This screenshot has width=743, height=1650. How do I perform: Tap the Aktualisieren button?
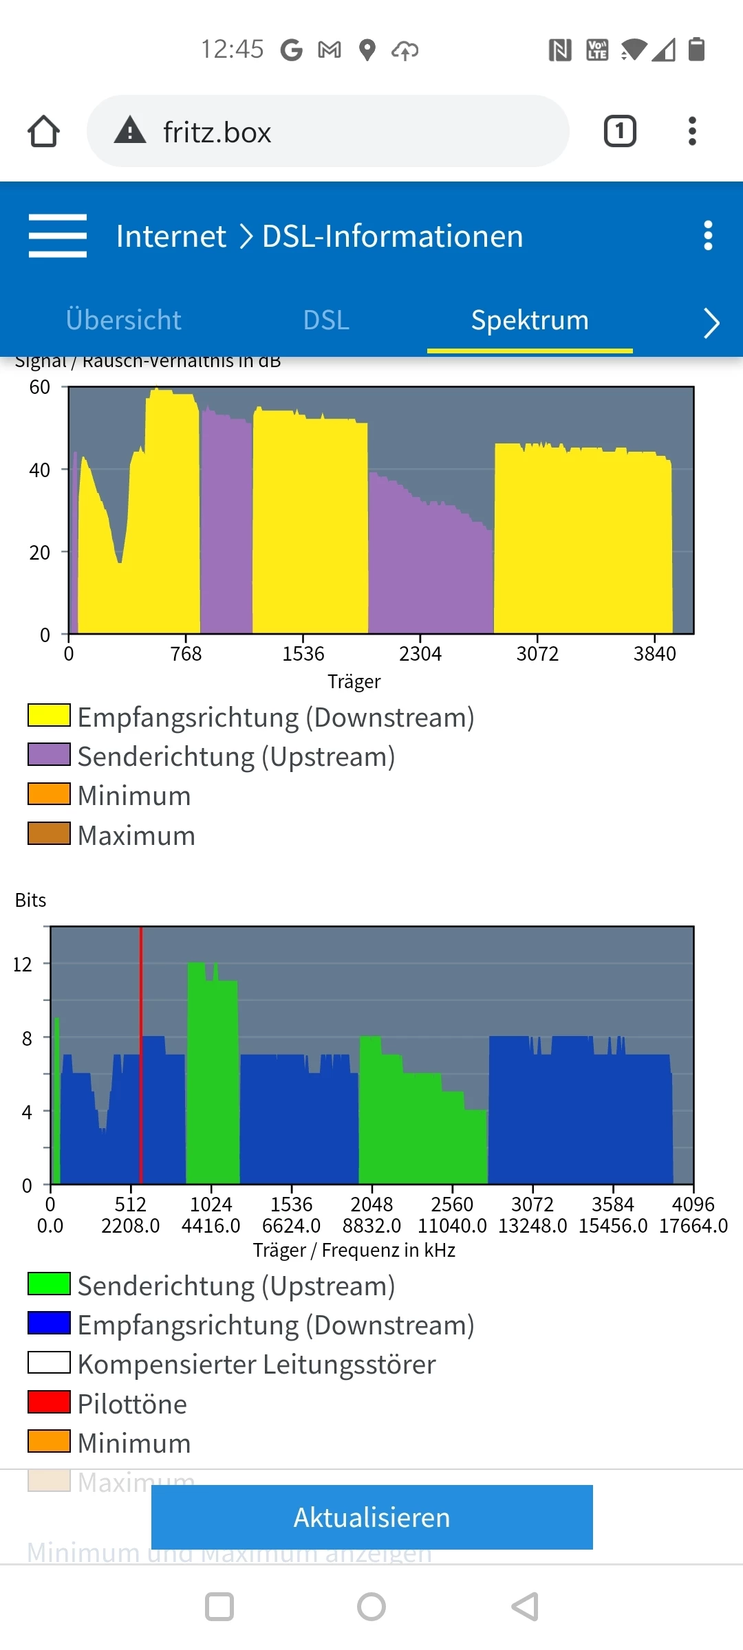point(371,1517)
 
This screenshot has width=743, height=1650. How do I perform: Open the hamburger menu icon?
point(58,236)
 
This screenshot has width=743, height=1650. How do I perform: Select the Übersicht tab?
point(123,320)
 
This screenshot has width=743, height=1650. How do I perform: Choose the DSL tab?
point(326,320)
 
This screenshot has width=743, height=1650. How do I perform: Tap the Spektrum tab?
point(530,320)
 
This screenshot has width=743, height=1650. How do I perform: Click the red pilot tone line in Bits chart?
point(141,1052)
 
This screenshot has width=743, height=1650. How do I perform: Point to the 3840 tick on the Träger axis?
point(654,653)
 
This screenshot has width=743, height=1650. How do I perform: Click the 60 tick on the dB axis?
point(40,387)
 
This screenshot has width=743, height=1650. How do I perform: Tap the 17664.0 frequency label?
point(693,1226)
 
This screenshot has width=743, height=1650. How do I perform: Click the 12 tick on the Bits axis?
point(23,965)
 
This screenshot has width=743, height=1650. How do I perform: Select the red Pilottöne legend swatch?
point(49,1402)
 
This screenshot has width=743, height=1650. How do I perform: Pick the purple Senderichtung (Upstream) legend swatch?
point(49,754)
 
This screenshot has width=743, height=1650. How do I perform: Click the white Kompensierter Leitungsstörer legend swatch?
point(49,1363)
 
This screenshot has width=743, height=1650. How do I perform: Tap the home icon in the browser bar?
point(43,131)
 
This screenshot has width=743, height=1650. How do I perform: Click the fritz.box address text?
point(217,132)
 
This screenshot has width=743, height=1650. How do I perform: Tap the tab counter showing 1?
point(620,131)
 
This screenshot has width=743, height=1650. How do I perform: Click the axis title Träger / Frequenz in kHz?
point(354,1250)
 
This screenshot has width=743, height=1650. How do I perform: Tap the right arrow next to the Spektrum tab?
point(711,322)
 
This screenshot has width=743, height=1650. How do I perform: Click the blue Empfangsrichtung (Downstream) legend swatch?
point(49,1323)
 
